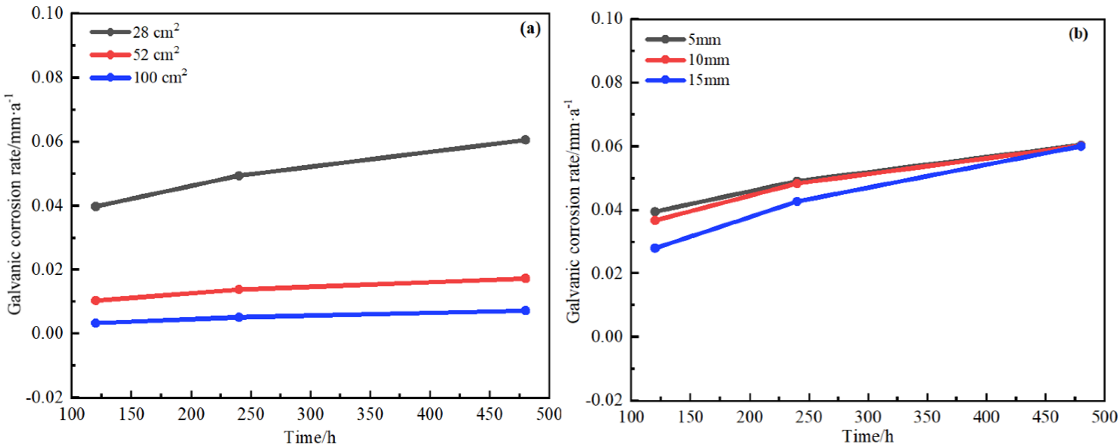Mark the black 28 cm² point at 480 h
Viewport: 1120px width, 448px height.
tap(525, 139)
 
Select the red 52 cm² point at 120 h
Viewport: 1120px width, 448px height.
tap(96, 300)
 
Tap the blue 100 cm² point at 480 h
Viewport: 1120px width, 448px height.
tap(525, 310)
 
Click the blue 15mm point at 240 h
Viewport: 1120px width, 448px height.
tap(797, 201)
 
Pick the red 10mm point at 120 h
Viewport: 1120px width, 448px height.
tap(655, 220)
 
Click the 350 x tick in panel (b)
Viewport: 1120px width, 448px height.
tap(927, 417)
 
